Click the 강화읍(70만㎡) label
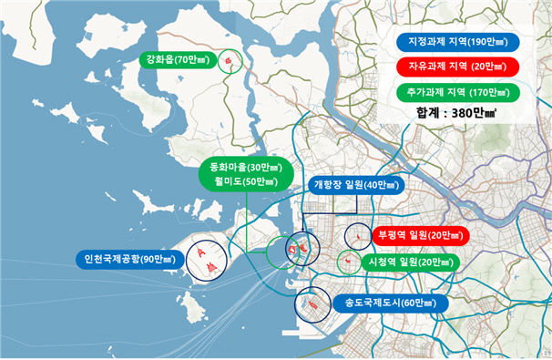177,60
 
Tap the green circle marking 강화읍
231,61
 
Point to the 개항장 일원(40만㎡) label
352,184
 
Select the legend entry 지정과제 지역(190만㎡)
457,42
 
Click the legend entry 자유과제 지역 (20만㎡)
457,67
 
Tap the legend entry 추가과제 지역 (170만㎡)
457,92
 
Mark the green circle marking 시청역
348,262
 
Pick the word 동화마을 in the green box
228,168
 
